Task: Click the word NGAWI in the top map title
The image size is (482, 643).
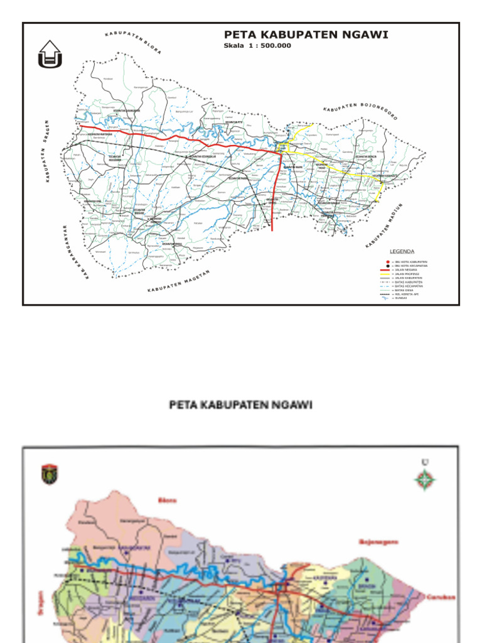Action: tap(361, 35)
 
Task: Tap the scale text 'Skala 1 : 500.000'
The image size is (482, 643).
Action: tap(257, 46)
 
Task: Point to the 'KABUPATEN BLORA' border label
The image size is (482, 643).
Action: tap(132, 41)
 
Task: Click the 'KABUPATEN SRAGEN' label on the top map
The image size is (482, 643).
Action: tap(47, 151)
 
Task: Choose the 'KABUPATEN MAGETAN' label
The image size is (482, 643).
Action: tap(178, 282)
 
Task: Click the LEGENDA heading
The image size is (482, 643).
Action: tap(402, 251)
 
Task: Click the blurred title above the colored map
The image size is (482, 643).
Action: tap(241, 405)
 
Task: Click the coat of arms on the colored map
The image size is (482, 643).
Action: tap(50, 474)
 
